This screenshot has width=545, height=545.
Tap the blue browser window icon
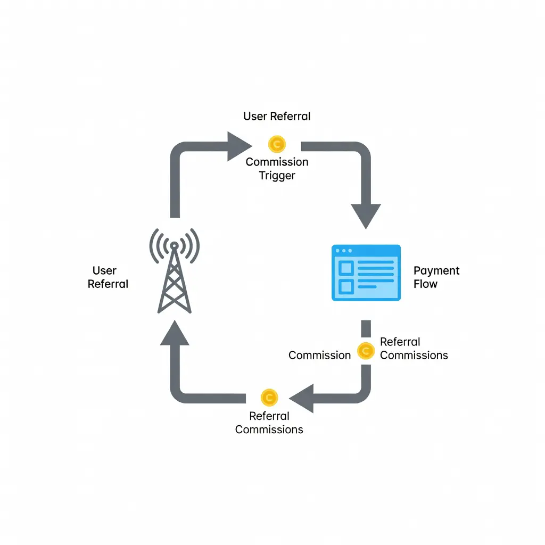click(x=366, y=273)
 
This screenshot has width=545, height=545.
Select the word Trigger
click(x=277, y=176)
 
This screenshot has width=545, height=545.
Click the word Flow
click(x=425, y=284)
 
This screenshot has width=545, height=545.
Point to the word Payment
click(x=436, y=271)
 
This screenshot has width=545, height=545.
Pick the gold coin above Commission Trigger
click(x=277, y=144)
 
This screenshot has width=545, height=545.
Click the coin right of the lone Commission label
click(x=366, y=351)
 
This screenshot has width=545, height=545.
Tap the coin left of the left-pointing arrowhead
click(x=269, y=398)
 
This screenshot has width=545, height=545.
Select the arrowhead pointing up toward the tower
click(x=175, y=333)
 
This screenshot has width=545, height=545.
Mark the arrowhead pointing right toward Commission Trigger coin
click(x=240, y=146)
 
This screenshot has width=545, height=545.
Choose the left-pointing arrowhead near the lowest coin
click(x=301, y=398)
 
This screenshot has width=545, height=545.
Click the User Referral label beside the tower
click(x=108, y=277)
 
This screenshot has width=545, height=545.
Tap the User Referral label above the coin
click(x=277, y=117)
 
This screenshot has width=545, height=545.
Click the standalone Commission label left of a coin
click(x=319, y=355)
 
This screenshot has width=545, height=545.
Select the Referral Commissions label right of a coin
click(x=414, y=349)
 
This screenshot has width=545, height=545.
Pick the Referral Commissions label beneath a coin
click(x=269, y=423)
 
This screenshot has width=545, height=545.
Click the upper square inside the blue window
click(x=346, y=268)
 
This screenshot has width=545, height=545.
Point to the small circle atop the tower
click(x=175, y=246)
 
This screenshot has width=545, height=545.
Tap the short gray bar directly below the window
click(x=366, y=329)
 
